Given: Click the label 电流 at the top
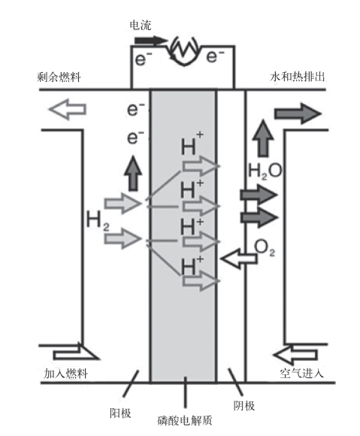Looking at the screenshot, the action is pos(141,26).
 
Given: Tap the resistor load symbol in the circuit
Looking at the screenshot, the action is pos(184,50).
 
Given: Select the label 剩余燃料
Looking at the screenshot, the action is pos(59,77).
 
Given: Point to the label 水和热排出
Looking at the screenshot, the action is pos(297,77).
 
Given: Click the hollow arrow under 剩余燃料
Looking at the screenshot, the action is pos(68,109).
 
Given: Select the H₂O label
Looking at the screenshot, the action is pos(265,171).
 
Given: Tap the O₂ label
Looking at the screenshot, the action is pos(265,247).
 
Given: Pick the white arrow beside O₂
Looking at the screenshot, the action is pos(238,259).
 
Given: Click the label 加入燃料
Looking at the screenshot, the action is pos(65,374).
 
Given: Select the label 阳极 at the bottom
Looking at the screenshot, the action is pos(120,413).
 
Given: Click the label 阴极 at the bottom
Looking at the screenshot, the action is pos(244,406).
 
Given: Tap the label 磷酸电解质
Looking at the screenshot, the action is pos(185,420).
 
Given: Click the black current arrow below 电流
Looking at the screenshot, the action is pos(151,41).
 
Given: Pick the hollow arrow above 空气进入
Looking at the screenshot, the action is pos(295,355).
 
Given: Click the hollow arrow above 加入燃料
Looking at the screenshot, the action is pos(76,353).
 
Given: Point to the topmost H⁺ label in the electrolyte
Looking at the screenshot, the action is pos(192,144).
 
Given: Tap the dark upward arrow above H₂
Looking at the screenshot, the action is pos(133,173).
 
